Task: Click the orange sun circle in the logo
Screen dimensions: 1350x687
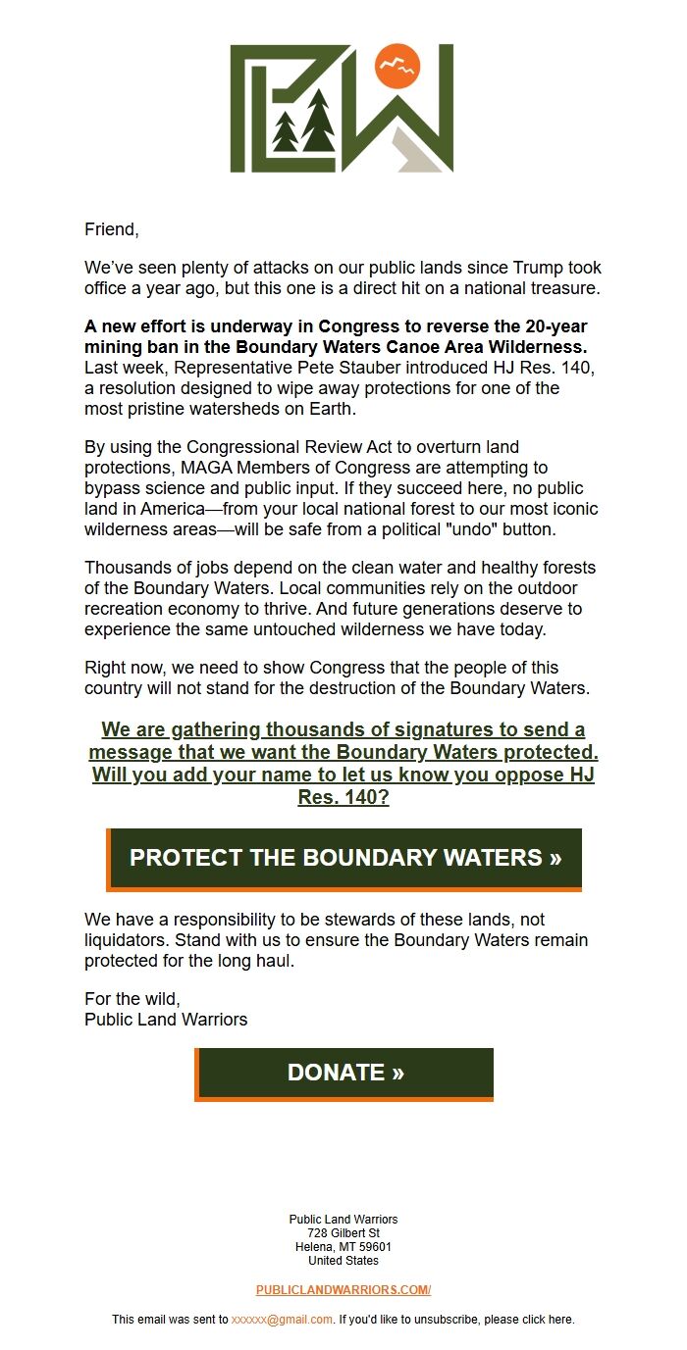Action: pyautogui.click(x=397, y=67)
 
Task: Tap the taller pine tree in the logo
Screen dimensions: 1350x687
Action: pyautogui.click(x=318, y=123)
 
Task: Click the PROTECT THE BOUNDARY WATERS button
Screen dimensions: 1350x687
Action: pyautogui.click(x=344, y=858)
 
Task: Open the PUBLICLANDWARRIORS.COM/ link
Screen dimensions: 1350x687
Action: pyautogui.click(x=343, y=1290)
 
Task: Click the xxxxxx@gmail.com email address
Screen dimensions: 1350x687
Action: pyautogui.click(x=282, y=1320)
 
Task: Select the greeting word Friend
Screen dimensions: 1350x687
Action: pyautogui.click(x=110, y=229)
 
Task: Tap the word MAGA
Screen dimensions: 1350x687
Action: pyautogui.click(x=203, y=468)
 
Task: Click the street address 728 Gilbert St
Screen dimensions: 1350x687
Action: pyautogui.click(x=343, y=1233)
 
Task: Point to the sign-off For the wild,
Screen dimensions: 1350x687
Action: pyautogui.click(x=132, y=999)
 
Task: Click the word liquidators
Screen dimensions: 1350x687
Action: pyautogui.click(x=128, y=940)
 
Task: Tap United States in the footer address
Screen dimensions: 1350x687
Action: pyautogui.click(x=343, y=1261)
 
